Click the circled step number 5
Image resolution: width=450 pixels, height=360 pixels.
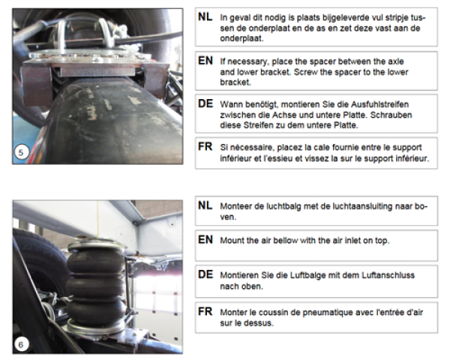pyautogui.click(x=21, y=152)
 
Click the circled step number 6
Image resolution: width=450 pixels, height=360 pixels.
pyautogui.click(x=21, y=344)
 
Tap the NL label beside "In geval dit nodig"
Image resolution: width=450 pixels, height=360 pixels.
pyautogui.click(x=205, y=17)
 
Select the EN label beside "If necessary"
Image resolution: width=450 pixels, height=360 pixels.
pyautogui.click(x=205, y=61)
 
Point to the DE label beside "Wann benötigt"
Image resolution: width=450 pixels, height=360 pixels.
pyautogui.click(x=205, y=103)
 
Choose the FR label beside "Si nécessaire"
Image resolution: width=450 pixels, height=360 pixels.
pyautogui.click(x=205, y=146)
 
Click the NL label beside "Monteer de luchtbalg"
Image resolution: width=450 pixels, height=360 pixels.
pyautogui.click(x=205, y=205)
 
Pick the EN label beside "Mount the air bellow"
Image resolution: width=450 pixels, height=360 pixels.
pyautogui.click(x=205, y=239)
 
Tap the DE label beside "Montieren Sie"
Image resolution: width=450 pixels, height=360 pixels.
pyautogui.click(x=205, y=274)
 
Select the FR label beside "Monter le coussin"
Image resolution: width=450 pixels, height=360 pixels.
pyautogui.click(x=205, y=311)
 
